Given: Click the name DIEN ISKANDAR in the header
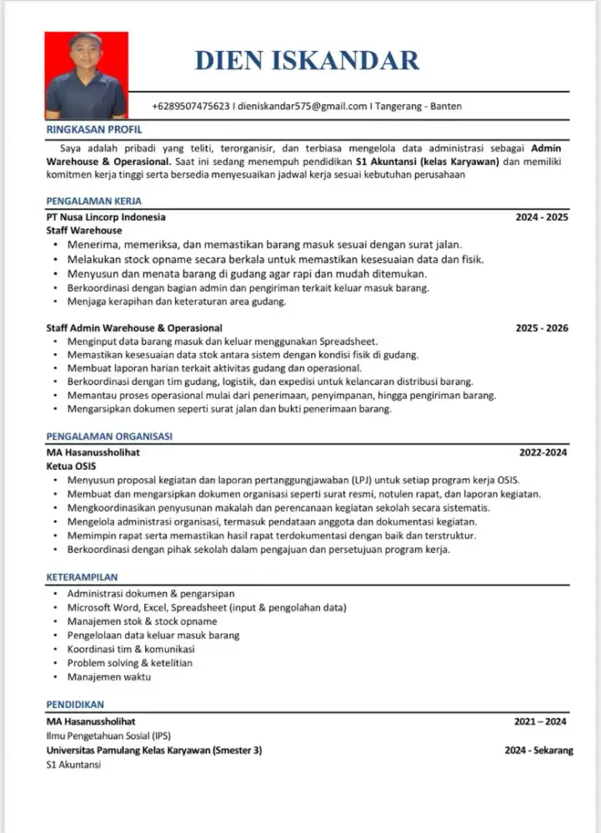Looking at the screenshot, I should coord(307,60).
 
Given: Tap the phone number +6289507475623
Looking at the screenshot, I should coord(192,106).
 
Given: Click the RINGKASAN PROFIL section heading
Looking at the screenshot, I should coord(94,130).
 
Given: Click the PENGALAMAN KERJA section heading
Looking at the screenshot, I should coord(94,201).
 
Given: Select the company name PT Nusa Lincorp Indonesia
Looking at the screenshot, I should coord(106,217).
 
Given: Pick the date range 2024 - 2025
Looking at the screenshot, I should coord(542,217).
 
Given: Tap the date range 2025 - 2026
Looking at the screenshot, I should coord(542,328).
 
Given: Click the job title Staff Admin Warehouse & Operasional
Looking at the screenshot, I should coord(134,328).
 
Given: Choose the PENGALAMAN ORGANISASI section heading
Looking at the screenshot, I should coord(110,436).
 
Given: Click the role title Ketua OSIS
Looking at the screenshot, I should coord(71,466).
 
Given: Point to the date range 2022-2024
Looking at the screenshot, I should coord(543,452).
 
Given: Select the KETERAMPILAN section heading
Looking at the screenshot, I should coord(83,576).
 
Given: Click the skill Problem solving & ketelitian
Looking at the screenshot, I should coord(130,663).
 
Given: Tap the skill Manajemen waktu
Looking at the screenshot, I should coord(109,677).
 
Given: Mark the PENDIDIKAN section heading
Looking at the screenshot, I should coord(75,704).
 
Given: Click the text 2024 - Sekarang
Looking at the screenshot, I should coord(538,750).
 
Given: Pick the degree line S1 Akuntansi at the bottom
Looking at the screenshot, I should coord(73,764).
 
